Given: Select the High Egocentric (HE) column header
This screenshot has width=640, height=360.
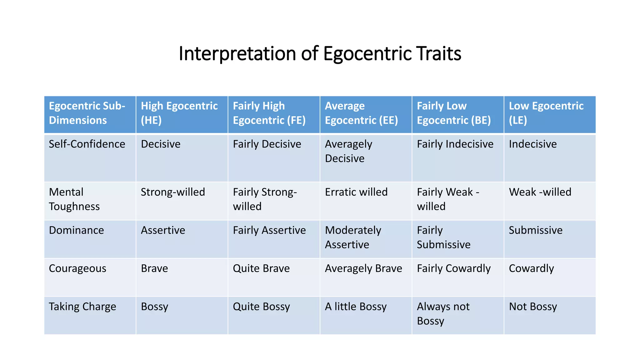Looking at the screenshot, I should pyautogui.click(x=179, y=113).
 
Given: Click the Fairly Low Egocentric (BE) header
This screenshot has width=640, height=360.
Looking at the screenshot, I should pyautogui.click(x=454, y=113).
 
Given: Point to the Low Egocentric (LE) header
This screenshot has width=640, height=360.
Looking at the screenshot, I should pyautogui.click(x=546, y=113).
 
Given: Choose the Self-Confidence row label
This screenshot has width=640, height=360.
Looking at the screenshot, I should pyautogui.click(x=87, y=144).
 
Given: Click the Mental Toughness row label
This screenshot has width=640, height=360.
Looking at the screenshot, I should pyautogui.click(x=74, y=199).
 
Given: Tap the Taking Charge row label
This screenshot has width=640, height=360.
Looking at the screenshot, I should pyautogui.click(x=82, y=307).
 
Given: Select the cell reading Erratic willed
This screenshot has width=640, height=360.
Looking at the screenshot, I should pyautogui.click(x=356, y=192).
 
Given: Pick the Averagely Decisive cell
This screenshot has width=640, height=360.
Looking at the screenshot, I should pyautogui.click(x=348, y=151).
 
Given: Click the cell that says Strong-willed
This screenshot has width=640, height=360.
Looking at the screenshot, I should pyautogui.click(x=173, y=192).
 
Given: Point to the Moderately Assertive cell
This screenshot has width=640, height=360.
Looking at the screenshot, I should pyautogui.click(x=353, y=237).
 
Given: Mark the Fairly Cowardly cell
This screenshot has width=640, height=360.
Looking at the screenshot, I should pyautogui.click(x=454, y=268).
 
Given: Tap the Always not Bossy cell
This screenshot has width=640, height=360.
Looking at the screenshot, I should pyautogui.click(x=443, y=314).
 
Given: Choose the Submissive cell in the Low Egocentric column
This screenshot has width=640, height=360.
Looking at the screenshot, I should pyautogui.click(x=536, y=230).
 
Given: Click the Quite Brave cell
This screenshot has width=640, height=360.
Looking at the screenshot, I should pyautogui.click(x=261, y=268).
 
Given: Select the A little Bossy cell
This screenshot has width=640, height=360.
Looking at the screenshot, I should pyautogui.click(x=356, y=307).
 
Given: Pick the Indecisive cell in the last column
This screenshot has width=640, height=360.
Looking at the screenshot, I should pyautogui.click(x=533, y=144).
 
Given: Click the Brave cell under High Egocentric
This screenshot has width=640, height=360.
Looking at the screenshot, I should pyautogui.click(x=154, y=268).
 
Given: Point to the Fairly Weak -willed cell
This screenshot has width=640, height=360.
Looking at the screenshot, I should pyautogui.click(x=448, y=199).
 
